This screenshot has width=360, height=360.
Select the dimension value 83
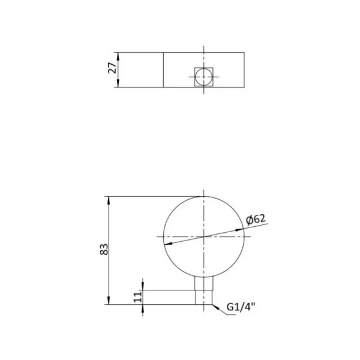(103, 250)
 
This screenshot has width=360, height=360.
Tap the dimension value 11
(137, 297)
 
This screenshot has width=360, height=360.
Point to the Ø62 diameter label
(256, 220)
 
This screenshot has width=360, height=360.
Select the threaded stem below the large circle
(204, 291)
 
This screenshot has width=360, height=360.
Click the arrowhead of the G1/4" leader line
(214, 305)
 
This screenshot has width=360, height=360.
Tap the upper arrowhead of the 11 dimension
(143, 287)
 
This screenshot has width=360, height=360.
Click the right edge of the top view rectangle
(244, 70)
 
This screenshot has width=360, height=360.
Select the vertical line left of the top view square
(164, 70)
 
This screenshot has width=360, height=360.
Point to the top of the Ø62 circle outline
(204, 196)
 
